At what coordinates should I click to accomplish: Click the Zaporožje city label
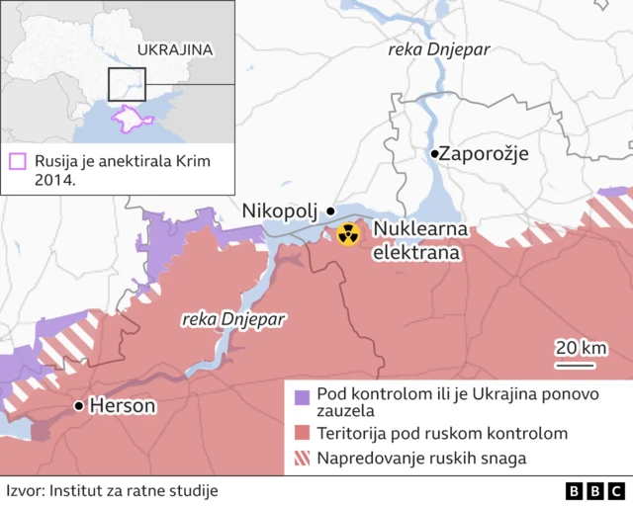tap(484, 154)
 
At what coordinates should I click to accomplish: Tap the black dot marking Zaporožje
tap(434, 154)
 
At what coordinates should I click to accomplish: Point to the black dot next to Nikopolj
tap(330, 211)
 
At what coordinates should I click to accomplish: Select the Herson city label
tap(122, 406)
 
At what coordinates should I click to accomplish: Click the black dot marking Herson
tap(78, 406)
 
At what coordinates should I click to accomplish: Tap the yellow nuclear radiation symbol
tap(347, 234)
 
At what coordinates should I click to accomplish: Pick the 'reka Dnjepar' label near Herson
tap(235, 319)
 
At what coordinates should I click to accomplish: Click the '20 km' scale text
tap(581, 347)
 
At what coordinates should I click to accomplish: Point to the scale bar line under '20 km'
tap(575, 365)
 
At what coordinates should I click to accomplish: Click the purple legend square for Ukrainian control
tap(302, 397)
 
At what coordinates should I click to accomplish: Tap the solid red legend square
tap(302, 433)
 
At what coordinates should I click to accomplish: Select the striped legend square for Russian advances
tap(302, 458)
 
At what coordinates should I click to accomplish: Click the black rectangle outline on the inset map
tap(127, 85)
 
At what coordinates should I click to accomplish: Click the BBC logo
tap(595, 490)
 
